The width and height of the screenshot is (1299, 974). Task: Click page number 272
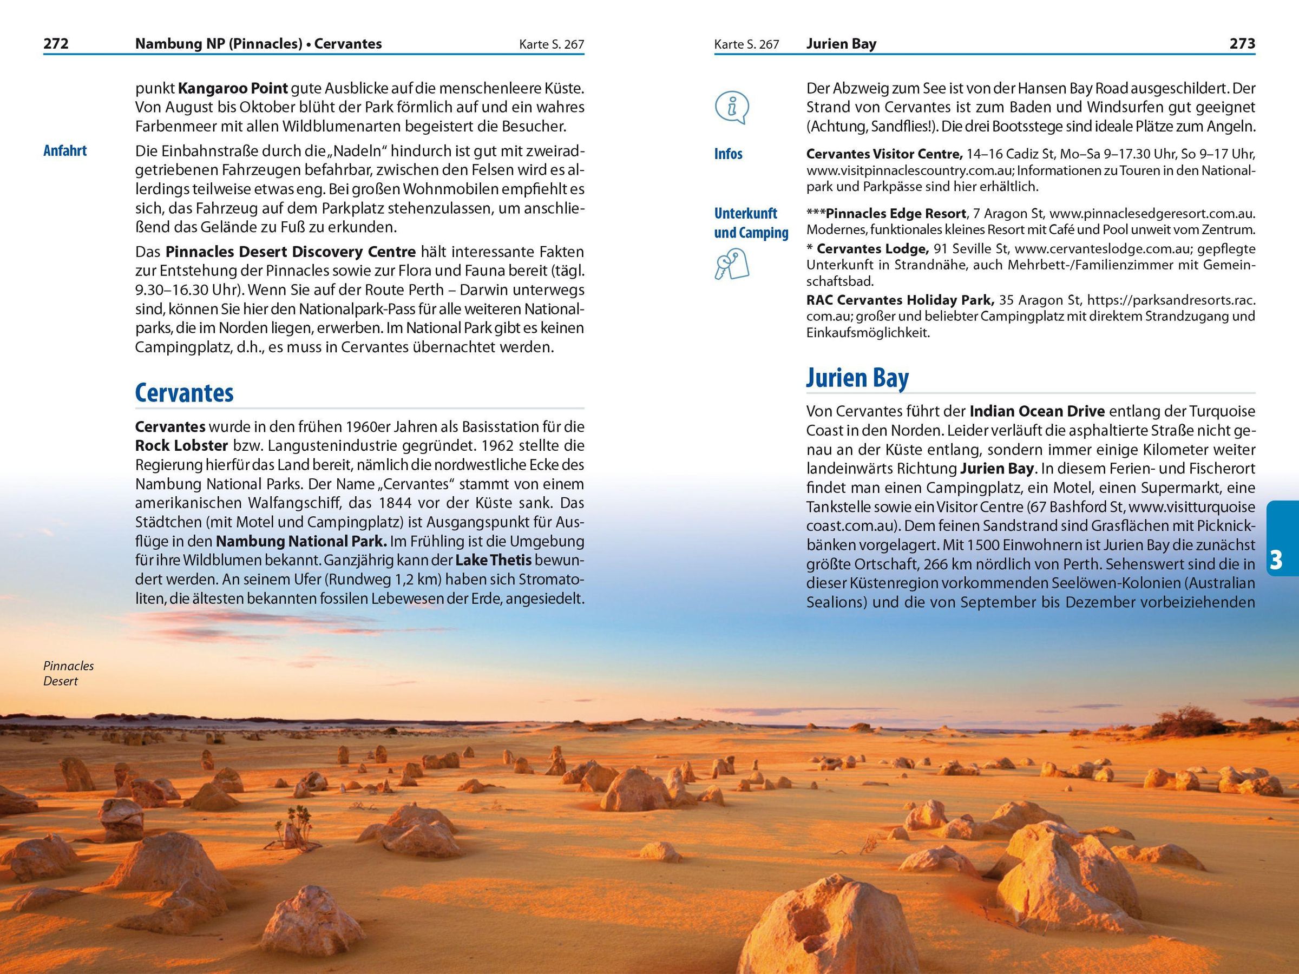(56, 43)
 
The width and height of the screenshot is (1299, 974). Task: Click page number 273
(1242, 43)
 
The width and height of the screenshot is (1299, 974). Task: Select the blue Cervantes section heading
(184, 393)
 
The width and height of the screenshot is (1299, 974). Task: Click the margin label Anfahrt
(64, 151)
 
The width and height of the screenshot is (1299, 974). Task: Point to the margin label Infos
(728, 154)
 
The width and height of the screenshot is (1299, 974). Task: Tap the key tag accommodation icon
(732, 264)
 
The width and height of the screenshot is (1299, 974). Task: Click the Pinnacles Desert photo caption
(68, 673)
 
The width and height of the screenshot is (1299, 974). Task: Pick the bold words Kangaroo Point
(233, 89)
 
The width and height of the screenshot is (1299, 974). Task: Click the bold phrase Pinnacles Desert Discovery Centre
(290, 252)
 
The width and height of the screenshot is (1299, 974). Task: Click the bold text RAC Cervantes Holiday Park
(900, 300)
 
